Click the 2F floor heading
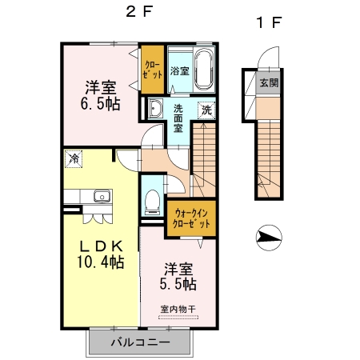click(139, 12)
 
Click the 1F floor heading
click(269, 22)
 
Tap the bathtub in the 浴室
click(204, 69)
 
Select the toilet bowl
click(152, 202)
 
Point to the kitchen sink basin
click(102, 197)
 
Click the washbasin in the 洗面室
click(155, 108)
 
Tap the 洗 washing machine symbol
click(206, 110)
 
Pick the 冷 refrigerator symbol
click(74, 159)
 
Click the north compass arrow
click(269, 238)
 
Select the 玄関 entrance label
click(269, 83)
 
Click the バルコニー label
click(140, 342)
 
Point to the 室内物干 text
click(178, 309)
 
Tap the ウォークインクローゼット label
click(191, 218)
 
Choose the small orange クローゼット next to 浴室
click(152, 70)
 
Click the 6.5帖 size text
click(100, 104)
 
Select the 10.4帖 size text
click(101, 262)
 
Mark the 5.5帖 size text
click(178, 284)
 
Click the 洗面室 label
click(178, 118)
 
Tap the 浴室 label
click(180, 71)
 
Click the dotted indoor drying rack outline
click(178, 318)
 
